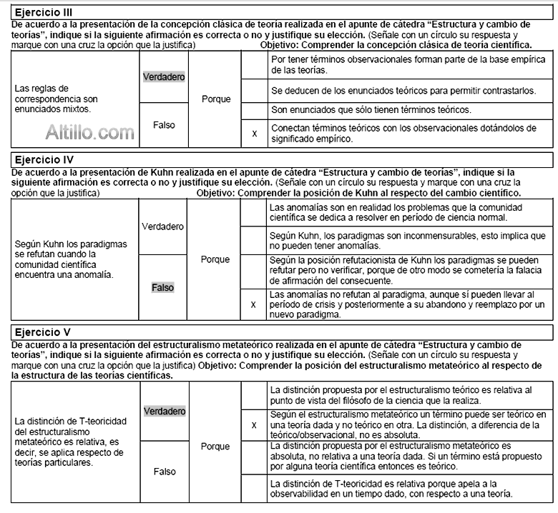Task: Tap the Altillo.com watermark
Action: (89, 131)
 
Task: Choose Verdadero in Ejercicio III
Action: (164, 76)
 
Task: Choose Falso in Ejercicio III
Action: (164, 124)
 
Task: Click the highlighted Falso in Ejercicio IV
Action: (163, 287)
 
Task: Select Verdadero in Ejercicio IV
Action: (163, 226)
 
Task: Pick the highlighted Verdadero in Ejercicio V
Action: (165, 411)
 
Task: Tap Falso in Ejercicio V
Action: (164, 472)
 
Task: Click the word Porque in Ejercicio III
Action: (216, 99)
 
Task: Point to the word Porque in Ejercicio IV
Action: (215, 259)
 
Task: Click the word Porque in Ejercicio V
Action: (215, 446)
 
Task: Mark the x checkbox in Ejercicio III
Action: (254, 133)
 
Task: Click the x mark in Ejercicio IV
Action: (253, 304)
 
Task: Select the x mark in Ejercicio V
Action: (254, 424)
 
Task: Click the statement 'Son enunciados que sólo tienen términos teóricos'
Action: (371, 110)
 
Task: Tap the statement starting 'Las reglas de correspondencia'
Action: (57, 99)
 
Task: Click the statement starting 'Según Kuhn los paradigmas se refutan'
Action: (71, 259)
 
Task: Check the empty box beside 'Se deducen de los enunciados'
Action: (254, 91)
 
